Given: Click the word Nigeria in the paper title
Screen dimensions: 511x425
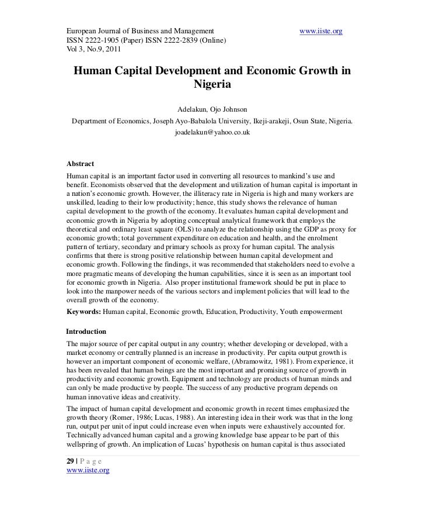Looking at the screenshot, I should tap(212, 84).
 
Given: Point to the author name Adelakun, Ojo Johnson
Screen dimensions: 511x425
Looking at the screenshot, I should tap(212, 109).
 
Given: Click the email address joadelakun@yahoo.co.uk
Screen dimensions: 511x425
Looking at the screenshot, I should tap(212, 133).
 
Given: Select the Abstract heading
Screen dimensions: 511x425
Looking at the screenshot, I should tap(81, 163).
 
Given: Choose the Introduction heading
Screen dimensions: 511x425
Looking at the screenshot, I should tap(87, 332).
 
